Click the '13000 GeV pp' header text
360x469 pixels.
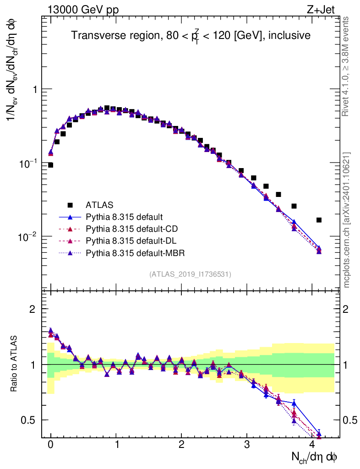click(x=82, y=9)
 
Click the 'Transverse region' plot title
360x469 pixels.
click(x=191, y=35)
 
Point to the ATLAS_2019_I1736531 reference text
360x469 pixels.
click(x=190, y=274)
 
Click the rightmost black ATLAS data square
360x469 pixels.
click(x=319, y=220)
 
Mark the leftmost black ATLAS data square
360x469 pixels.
click(x=50, y=165)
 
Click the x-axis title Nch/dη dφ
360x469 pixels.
click(x=315, y=457)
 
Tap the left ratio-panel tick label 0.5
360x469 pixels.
click(x=29, y=420)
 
